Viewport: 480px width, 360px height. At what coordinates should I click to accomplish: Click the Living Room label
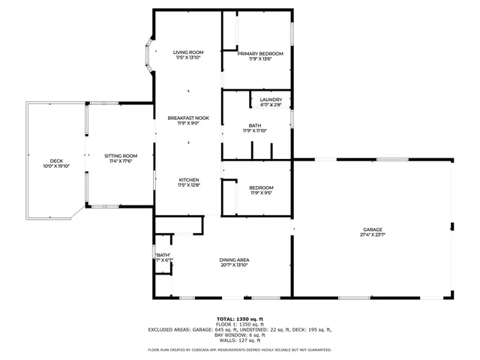point(188,52)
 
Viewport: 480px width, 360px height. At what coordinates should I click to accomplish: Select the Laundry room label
point(271,100)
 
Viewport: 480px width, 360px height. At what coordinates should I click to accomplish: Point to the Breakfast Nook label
point(188,118)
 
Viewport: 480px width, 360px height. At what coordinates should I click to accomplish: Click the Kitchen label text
point(188,180)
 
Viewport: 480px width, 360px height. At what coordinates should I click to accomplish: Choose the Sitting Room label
point(121,155)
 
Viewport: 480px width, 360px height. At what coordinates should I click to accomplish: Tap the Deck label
point(56,161)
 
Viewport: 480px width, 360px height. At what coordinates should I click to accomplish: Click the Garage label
point(373,229)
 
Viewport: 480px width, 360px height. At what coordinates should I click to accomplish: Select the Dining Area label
point(235,259)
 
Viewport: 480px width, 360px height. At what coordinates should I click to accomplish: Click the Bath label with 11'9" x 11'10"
point(255,125)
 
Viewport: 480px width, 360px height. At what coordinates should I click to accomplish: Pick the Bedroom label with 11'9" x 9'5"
point(262,187)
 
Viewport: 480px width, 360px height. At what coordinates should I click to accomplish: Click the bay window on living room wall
point(149,57)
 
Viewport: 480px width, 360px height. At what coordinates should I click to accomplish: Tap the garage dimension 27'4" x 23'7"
point(373,235)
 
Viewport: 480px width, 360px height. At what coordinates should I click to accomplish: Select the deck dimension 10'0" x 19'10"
point(56,166)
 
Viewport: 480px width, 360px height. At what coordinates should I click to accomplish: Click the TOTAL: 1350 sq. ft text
point(239,319)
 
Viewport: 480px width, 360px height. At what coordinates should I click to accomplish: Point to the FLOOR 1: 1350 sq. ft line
point(239,324)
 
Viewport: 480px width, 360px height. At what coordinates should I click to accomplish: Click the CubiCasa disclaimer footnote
point(239,349)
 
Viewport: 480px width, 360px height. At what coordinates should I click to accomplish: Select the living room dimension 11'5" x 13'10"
point(188,58)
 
